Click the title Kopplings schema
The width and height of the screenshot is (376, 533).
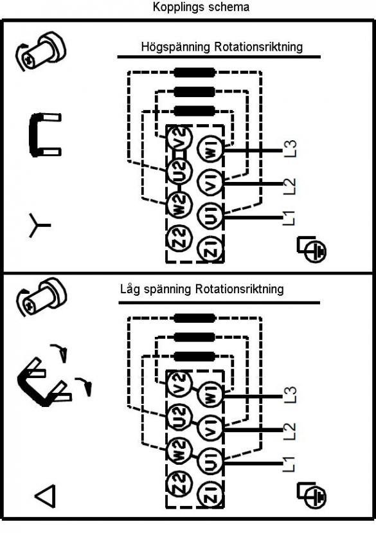coord(201,7)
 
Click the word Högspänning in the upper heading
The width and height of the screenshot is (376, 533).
coord(175,47)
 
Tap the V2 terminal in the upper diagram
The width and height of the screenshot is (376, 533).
coord(180,137)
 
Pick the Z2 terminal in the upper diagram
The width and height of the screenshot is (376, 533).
coord(180,237)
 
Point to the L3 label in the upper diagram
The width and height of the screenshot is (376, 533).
coord(290,149)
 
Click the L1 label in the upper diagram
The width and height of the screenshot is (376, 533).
coord(289,218)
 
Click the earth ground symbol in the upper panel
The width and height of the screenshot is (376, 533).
coord(312,250)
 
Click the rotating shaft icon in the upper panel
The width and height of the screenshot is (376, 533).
coord(40,51)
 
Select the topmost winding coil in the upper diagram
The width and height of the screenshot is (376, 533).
coord(194,73)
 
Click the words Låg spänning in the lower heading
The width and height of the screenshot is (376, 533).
coord(156,290)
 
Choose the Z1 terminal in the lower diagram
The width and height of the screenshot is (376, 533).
coord(210,494)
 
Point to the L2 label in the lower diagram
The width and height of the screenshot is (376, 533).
coord(290,431)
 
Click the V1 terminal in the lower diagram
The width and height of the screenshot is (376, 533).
coord(210,428)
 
